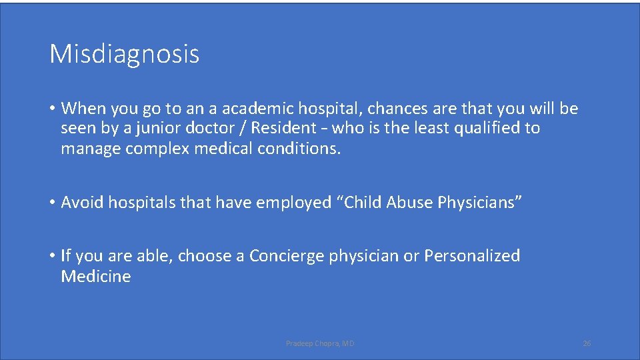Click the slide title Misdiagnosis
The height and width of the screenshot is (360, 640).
click(124, 54)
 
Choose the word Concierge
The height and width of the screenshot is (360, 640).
click(286, 256)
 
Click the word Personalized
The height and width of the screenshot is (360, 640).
click(472, 256)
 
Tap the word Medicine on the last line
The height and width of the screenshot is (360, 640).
click(96, 277)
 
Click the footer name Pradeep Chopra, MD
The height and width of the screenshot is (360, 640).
click(320, 343)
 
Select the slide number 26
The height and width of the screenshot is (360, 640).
click(587, 343)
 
